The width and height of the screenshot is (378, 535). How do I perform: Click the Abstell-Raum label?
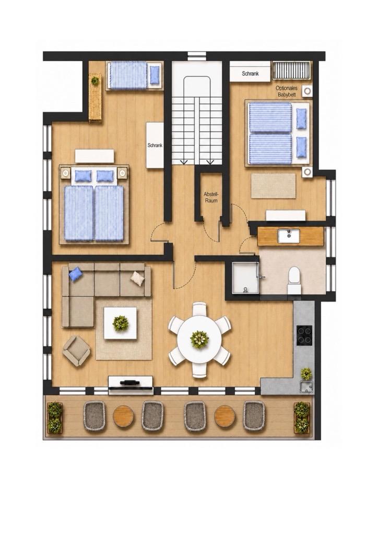210,197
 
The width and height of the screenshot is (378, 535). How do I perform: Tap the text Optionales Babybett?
286,91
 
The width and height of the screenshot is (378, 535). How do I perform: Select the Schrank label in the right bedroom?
251,73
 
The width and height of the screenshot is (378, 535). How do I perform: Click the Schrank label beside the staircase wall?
155,145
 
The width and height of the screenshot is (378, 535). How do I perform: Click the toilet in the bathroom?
293,281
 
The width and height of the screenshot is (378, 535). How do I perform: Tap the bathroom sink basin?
288,236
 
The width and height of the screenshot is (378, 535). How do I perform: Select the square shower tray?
245,278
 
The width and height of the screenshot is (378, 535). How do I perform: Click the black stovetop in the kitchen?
304,335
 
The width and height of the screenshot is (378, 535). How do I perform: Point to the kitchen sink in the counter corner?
306,387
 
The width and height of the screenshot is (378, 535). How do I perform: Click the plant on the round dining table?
199,339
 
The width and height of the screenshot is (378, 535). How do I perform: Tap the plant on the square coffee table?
120,323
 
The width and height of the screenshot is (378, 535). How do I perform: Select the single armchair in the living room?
76,351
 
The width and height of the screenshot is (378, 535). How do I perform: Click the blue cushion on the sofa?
75,273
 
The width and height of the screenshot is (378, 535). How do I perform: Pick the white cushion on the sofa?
138,278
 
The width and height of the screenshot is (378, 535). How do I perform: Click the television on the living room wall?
130,383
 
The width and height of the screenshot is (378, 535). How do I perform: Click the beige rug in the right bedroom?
274,185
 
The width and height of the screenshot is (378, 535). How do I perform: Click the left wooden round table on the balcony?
123,415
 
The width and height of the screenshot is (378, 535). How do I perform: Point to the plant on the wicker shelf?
95,80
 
